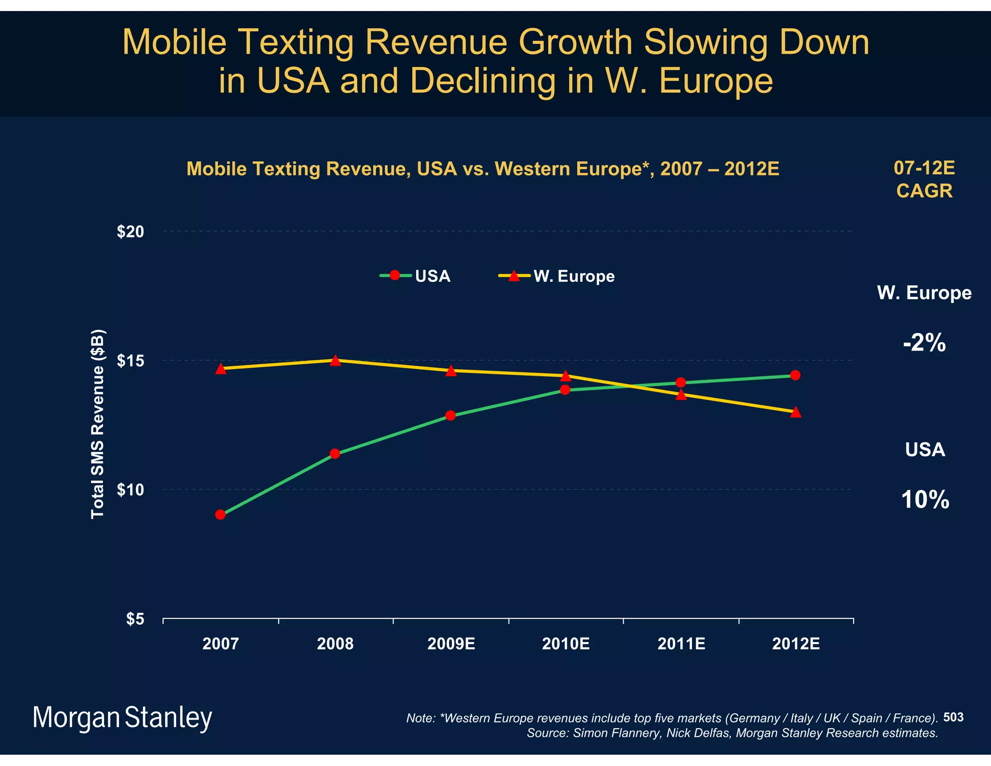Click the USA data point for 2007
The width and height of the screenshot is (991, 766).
(220, 514)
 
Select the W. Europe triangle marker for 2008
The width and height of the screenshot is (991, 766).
(335, 361)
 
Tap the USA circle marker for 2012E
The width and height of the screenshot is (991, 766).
(795, 375)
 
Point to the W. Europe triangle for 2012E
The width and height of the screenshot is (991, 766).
(796, 412)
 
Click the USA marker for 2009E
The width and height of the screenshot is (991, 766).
(450, 415)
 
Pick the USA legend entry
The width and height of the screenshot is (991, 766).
(416, 276)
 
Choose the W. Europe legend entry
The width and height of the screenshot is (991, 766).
(556, 276)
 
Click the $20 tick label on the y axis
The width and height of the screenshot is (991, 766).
(131, 232)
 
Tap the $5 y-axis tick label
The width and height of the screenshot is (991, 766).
(135, 619)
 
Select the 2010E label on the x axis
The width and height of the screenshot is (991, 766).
(566, 644)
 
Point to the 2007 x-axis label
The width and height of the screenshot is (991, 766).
(221, 644)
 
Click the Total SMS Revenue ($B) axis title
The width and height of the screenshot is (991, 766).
(98, 424)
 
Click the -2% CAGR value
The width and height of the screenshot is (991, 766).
(924, 343)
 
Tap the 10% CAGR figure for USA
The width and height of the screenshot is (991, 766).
(925, 500)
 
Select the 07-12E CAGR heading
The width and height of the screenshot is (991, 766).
(924, 179)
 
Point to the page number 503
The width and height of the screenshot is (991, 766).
(953, 717)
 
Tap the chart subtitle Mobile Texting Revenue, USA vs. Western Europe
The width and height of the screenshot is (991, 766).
(482, 169)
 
